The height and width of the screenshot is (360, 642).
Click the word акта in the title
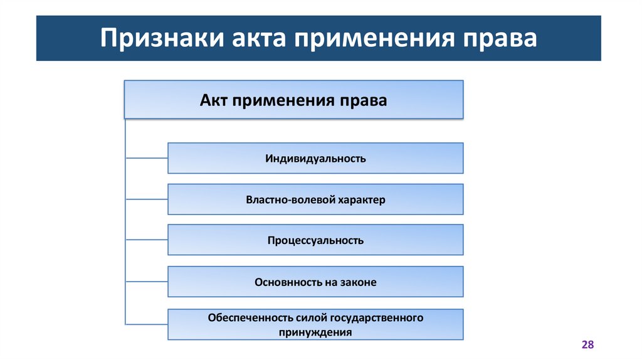point(247,39)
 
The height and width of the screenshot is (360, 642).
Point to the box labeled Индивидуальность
point(315,158)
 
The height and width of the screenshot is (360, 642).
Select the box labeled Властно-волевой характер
point(315,200)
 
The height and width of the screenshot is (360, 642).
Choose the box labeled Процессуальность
point(315,240)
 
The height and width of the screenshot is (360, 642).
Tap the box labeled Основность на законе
point(315,282)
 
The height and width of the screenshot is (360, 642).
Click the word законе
point(359,282)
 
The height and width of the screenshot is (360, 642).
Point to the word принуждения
point(315,332)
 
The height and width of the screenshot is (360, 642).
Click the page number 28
point(587,345)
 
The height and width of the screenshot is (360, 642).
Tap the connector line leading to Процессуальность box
point(146,240)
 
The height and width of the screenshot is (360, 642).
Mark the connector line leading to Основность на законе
point(146,282)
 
